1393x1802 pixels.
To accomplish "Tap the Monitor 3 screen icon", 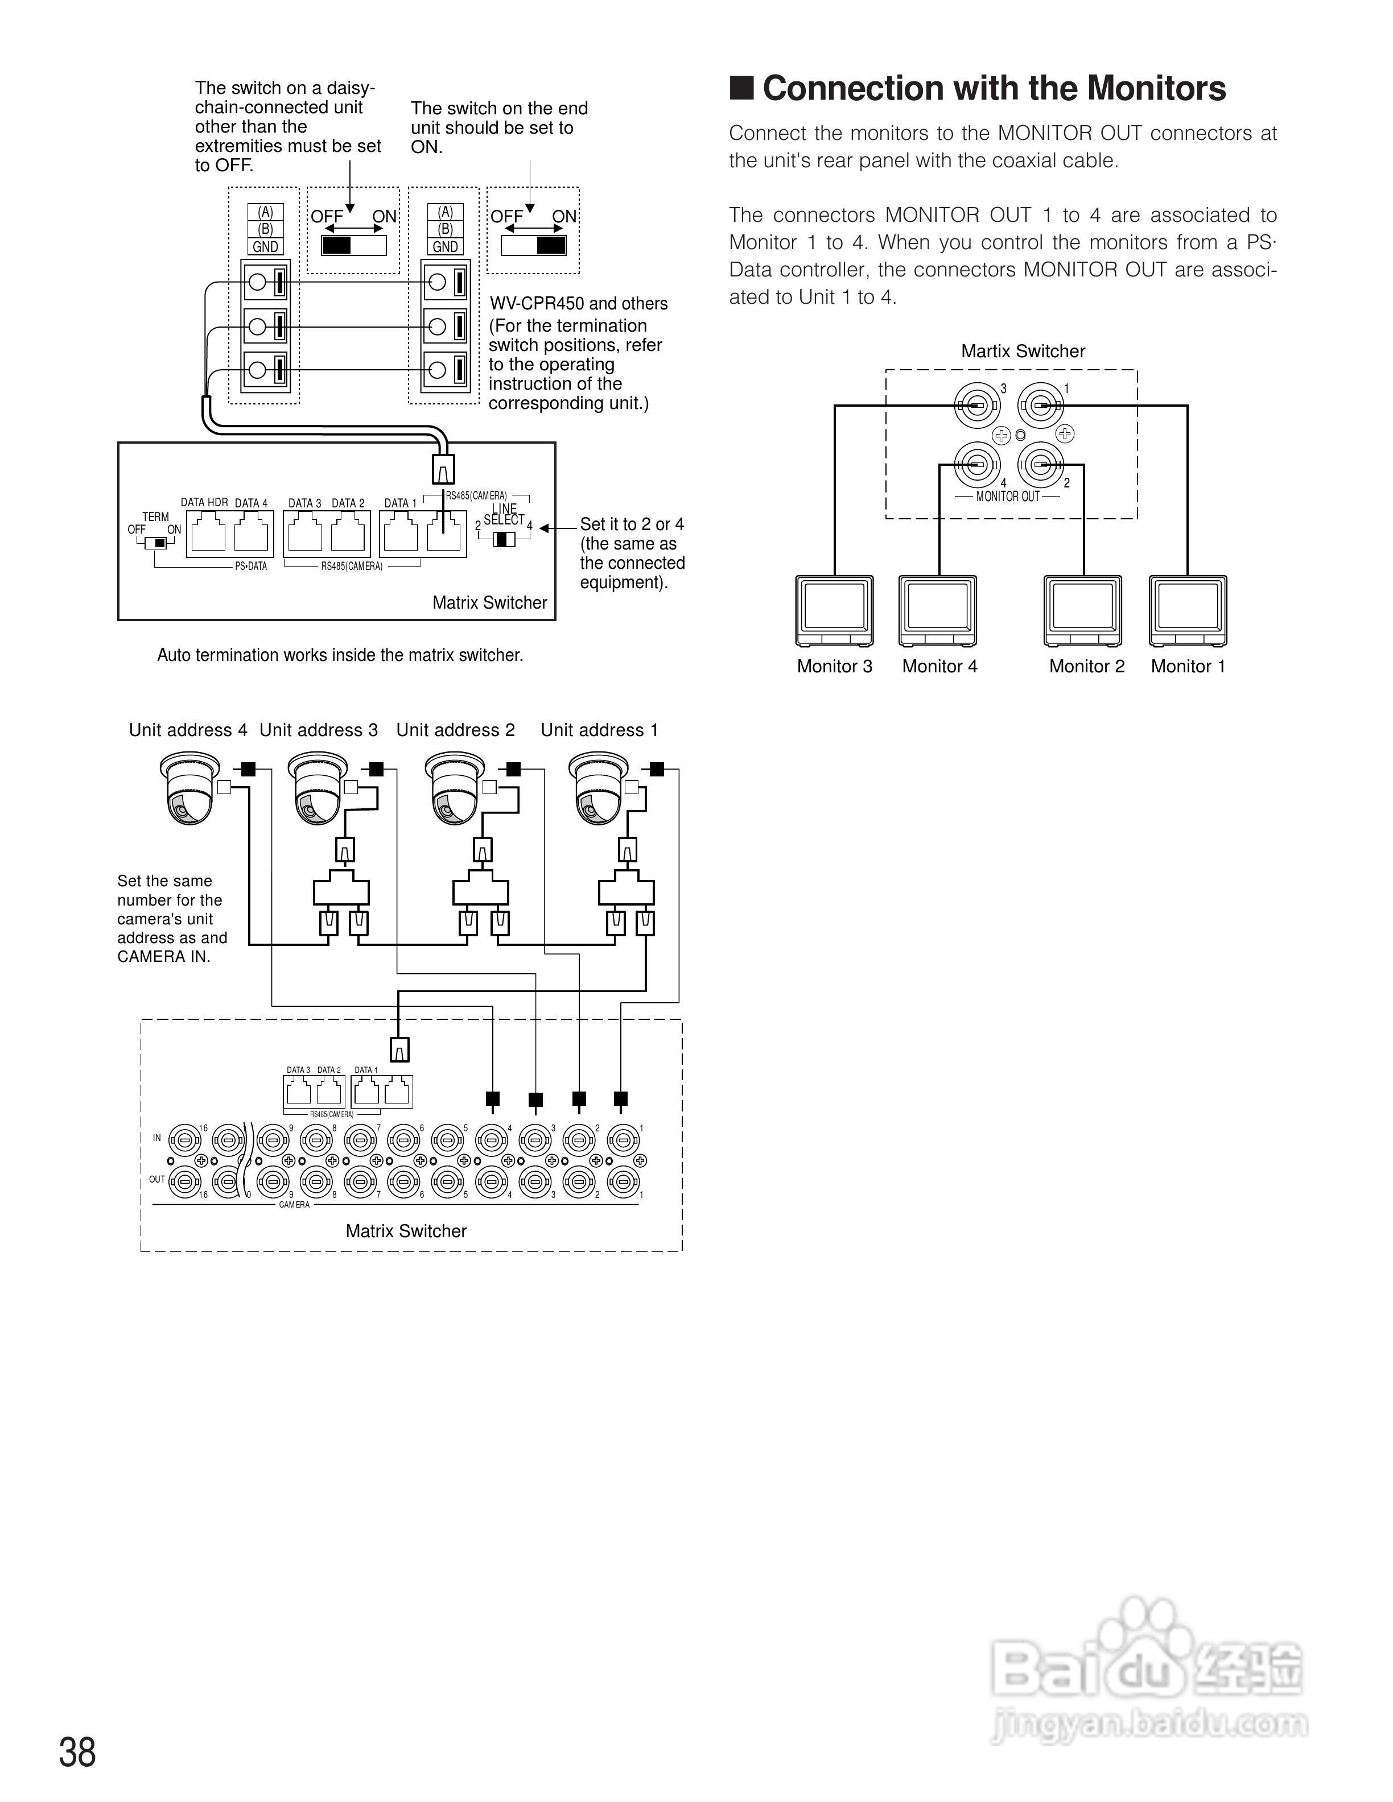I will pyautogui.click(x=834, y=610).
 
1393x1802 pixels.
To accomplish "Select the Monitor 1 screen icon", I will pyautogui.click(x=1188, y=610).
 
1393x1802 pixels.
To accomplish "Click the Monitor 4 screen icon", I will pyautogui.click(x=937, y=610).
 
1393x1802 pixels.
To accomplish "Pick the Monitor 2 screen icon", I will pyautogui.click(x=1083, y=610).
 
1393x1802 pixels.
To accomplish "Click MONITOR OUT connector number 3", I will pyautogui.click(x=976, y=405).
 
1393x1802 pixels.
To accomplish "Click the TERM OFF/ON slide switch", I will pyautogui.click(x=155, y=543).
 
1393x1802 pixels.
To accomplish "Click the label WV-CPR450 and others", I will pyautogui.click(x=579, y=304).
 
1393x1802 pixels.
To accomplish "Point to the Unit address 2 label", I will pyautogui.click(x=456, y=730).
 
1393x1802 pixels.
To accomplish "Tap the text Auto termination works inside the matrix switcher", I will pyautogui.click(x=340, y=655).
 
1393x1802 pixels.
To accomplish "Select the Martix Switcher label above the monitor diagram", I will pyautogui.click(x=1023, y=352).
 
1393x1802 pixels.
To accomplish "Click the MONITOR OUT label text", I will pyautogui.click(x=1008, y=497).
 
